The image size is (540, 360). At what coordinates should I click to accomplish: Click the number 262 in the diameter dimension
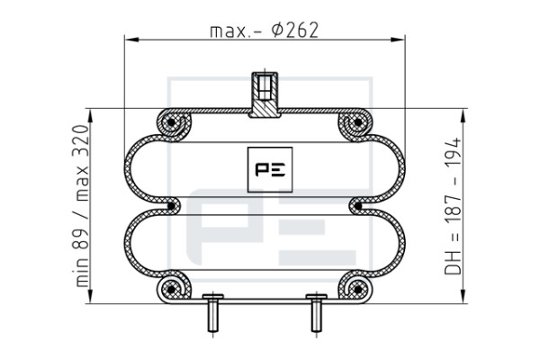[302, 31]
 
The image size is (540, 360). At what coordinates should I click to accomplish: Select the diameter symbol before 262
[277, 31]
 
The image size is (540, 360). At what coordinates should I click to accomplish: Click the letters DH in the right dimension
[453, 263]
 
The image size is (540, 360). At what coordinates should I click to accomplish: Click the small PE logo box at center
[270, 169]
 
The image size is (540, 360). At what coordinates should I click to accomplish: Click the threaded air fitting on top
[265, 94]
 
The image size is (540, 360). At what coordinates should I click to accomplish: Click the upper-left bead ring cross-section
[171, 122]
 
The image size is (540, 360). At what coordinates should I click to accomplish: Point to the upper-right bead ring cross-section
[358, 122]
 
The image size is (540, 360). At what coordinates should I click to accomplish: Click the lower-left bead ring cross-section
[171, 290]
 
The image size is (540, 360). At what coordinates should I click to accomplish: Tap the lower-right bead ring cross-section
[358, 290]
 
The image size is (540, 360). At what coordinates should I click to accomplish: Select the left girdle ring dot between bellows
[171, 206]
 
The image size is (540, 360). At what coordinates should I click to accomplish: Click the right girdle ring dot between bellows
[358, 206]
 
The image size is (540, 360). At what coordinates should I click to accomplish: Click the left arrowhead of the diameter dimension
[131, 40]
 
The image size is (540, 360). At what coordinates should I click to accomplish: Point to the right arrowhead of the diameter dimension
[398, 40]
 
